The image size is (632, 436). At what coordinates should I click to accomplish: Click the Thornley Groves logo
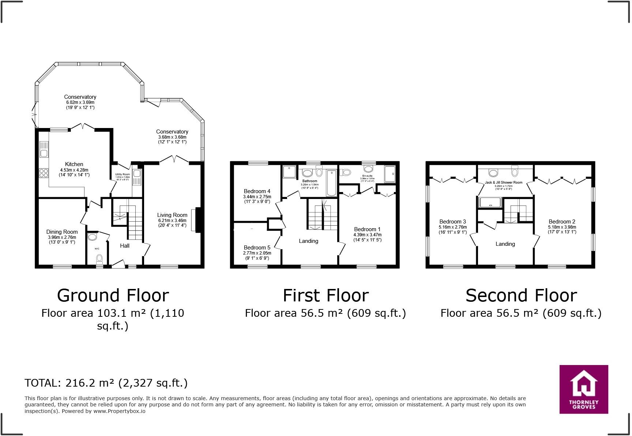[584, 389]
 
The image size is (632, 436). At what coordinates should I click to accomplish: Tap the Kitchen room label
[74, 164]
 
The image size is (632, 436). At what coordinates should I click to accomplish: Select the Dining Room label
[62, 232]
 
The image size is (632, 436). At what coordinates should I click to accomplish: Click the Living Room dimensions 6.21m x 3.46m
[172, 221]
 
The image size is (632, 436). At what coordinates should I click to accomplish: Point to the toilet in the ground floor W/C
[99, 259]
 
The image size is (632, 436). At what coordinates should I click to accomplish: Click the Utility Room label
[123, 174]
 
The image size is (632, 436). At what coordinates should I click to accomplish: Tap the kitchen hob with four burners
[44, 173]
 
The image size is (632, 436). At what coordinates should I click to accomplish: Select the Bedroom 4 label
[257, 191]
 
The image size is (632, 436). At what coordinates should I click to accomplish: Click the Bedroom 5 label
[257, 248]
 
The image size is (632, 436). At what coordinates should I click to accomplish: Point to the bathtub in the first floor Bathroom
[331, 183]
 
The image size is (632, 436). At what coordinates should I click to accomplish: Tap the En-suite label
[367, 176]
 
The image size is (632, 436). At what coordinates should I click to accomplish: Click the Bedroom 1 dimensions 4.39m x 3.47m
[367, 235]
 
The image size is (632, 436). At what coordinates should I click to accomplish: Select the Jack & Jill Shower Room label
[504, 182]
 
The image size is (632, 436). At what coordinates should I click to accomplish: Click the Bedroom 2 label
[562, 222]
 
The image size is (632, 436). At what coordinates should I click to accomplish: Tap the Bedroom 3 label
[452, 222]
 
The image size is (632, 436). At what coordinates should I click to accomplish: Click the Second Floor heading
[521, 296]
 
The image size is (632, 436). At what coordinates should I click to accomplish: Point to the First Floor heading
[326, 296]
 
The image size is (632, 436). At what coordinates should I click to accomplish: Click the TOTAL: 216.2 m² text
[106, 383]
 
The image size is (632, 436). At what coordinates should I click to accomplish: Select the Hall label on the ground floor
[125, 246]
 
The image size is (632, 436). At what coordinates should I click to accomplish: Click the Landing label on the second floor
[505, 244]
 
